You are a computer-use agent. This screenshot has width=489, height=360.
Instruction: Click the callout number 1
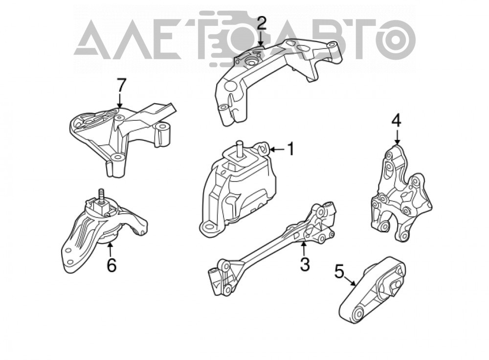click(290, 149)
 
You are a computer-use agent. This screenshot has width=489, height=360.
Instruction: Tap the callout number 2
click(261, 23)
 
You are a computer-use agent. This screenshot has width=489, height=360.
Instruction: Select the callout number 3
click(304, 264)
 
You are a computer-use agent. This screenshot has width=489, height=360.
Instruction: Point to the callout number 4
click(397, 121)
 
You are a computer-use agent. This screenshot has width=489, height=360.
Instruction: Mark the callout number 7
click(121, 86)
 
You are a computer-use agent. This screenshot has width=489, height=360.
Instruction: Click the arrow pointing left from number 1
click(276, 150)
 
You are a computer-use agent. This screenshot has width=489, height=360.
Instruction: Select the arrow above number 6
click(110, 249)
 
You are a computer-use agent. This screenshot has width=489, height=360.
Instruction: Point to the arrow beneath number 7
click(119, 101)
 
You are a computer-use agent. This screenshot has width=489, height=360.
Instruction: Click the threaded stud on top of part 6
click(101, 195)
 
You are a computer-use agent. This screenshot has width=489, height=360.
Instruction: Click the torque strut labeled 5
click(372, 291)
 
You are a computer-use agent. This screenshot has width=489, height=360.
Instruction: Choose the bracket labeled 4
click(401, 193)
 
